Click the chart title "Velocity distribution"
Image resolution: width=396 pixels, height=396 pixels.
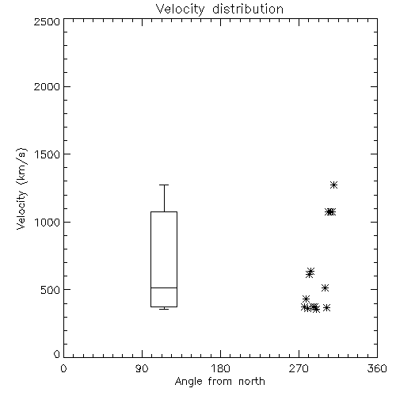pos(219,9)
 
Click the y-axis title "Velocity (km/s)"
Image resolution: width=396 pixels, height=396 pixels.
pos(21,188)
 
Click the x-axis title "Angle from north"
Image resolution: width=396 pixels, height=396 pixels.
pos(219,382)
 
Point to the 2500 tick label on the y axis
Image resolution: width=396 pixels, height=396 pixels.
pos(47,21)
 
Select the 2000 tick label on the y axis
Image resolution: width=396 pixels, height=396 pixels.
pos(47,86)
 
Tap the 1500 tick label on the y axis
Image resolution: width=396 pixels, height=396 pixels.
pos(48,154)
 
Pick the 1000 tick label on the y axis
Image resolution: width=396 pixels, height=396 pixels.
pos(48,222)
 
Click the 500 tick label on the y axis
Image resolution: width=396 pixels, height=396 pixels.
pos(50,290)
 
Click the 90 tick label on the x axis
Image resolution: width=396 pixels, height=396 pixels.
pos(142,368)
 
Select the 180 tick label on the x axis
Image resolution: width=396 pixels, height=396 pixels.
pos(219,368)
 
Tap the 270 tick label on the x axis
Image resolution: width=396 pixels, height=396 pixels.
pos(299,368)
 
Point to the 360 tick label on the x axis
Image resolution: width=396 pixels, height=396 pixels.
pos(377,368)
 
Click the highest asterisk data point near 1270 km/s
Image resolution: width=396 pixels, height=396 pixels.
pos(334,185)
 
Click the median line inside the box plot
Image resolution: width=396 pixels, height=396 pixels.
pos(164,287)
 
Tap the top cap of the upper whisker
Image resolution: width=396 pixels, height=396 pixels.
pos(164,185)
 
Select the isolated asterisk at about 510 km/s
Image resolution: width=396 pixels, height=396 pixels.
pos(325,287)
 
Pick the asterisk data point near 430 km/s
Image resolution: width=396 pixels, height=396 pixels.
pos(306,299)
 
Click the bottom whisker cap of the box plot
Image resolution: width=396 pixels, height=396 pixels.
pos(164,309)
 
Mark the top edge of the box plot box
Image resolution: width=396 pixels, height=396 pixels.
pos(164,211)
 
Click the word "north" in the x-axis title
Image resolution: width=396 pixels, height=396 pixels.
pos(252,382)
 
